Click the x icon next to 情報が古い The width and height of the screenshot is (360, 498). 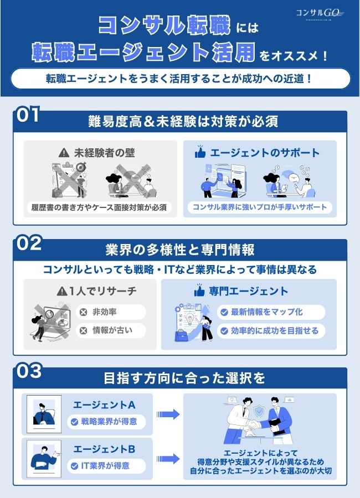click(84, 331)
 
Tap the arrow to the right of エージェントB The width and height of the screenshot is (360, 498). click(168, 458)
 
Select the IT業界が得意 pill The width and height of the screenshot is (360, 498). click(107, 466)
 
